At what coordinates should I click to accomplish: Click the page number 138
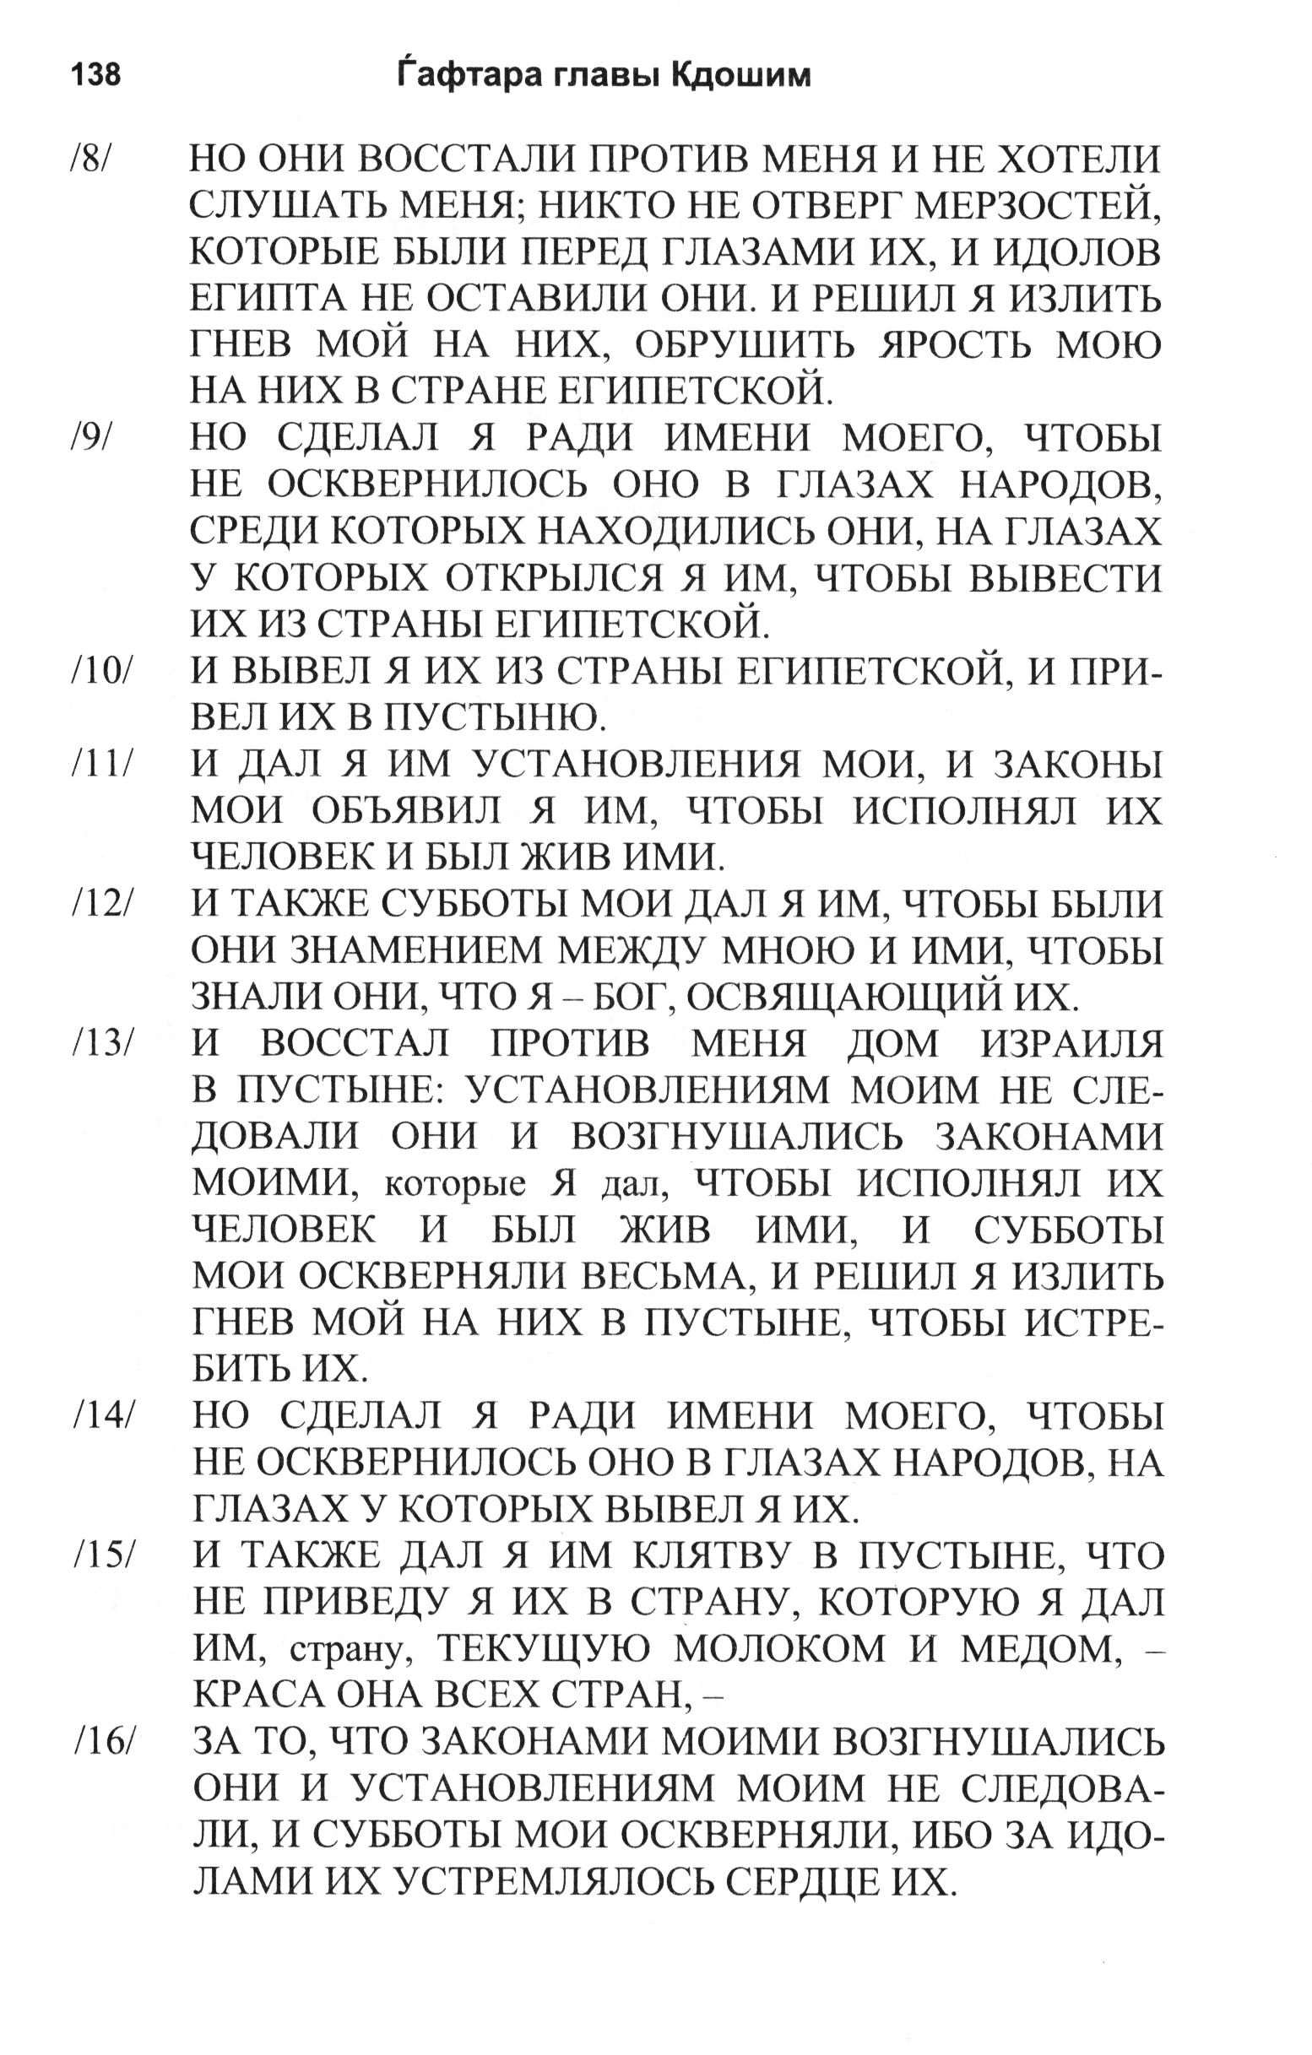coord(96,76)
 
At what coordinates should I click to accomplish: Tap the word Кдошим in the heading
coord(741,76)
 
